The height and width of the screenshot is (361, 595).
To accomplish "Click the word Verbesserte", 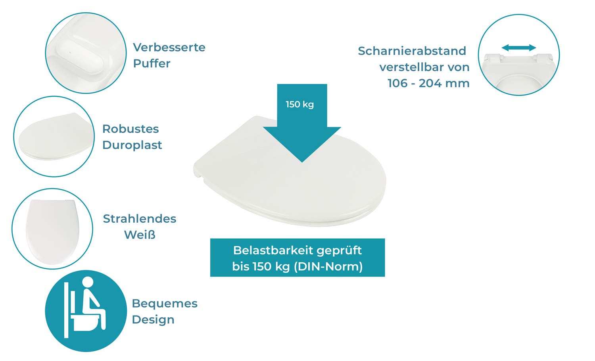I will (169, 48).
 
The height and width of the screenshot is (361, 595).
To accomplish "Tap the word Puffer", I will (152, 63).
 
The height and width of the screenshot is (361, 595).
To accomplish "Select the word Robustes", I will (131, 129).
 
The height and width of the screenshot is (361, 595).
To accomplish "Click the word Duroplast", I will (132, 145).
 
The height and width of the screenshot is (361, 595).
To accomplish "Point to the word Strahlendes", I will (140, 219).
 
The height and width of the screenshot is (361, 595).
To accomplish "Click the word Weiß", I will (140, 235).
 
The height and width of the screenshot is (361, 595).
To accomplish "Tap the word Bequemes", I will (165, 304).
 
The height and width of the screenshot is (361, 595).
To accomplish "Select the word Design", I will (153, 319).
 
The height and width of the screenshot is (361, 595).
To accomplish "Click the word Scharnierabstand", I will (412, 51).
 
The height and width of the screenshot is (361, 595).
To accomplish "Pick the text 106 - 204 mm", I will (428, 83).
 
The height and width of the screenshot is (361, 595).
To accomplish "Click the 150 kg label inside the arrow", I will (300, 104).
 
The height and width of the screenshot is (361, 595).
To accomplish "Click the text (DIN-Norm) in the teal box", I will (328, 266).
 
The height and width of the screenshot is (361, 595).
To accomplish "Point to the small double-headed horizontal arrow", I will (519, 48).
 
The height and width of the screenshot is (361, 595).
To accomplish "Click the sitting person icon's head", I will (88, 282).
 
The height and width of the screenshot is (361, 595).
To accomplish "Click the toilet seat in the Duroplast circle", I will (54, 137).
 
